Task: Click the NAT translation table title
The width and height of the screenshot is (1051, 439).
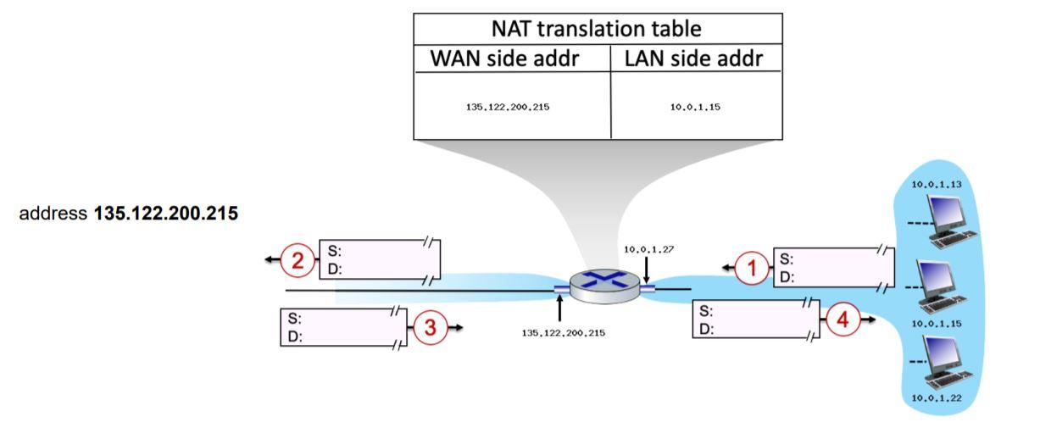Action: point(597,29)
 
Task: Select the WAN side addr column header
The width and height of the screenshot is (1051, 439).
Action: point(512,58)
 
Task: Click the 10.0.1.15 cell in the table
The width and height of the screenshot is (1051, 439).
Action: point(695,108)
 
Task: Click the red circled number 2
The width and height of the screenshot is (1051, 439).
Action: point(298,260)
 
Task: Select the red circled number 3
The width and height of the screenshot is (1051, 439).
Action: point(431,328)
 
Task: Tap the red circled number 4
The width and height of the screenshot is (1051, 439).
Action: point(842,320)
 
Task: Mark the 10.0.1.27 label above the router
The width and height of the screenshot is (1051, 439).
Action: point(648,249)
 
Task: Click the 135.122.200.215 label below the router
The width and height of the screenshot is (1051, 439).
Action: point(564,333)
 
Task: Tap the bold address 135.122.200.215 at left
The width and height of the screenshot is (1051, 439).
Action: point(165,214)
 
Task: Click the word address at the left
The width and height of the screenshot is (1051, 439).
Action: point(53,214)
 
